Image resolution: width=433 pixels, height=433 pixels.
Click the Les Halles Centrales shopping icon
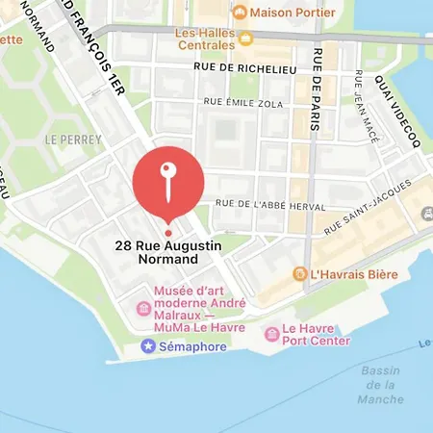[246, 38]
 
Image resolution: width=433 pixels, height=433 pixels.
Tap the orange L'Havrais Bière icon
[300, 274]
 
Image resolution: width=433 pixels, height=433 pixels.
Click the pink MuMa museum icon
[142, 308]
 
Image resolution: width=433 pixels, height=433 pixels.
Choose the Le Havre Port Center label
[319, 333]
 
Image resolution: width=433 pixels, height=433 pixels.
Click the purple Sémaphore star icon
[148, 344]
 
